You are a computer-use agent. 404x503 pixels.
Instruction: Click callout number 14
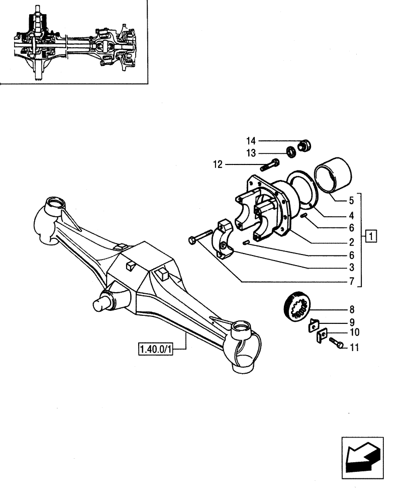point(251,141)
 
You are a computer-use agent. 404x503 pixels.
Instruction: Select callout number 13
point(251,152)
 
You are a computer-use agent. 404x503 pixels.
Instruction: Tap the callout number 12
point(217,164)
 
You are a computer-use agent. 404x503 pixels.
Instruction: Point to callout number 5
point(352,200)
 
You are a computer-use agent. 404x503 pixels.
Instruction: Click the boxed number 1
point(370,235)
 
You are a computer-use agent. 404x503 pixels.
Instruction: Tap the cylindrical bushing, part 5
point(333,181)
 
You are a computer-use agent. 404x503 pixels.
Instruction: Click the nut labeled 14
point(305,146)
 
